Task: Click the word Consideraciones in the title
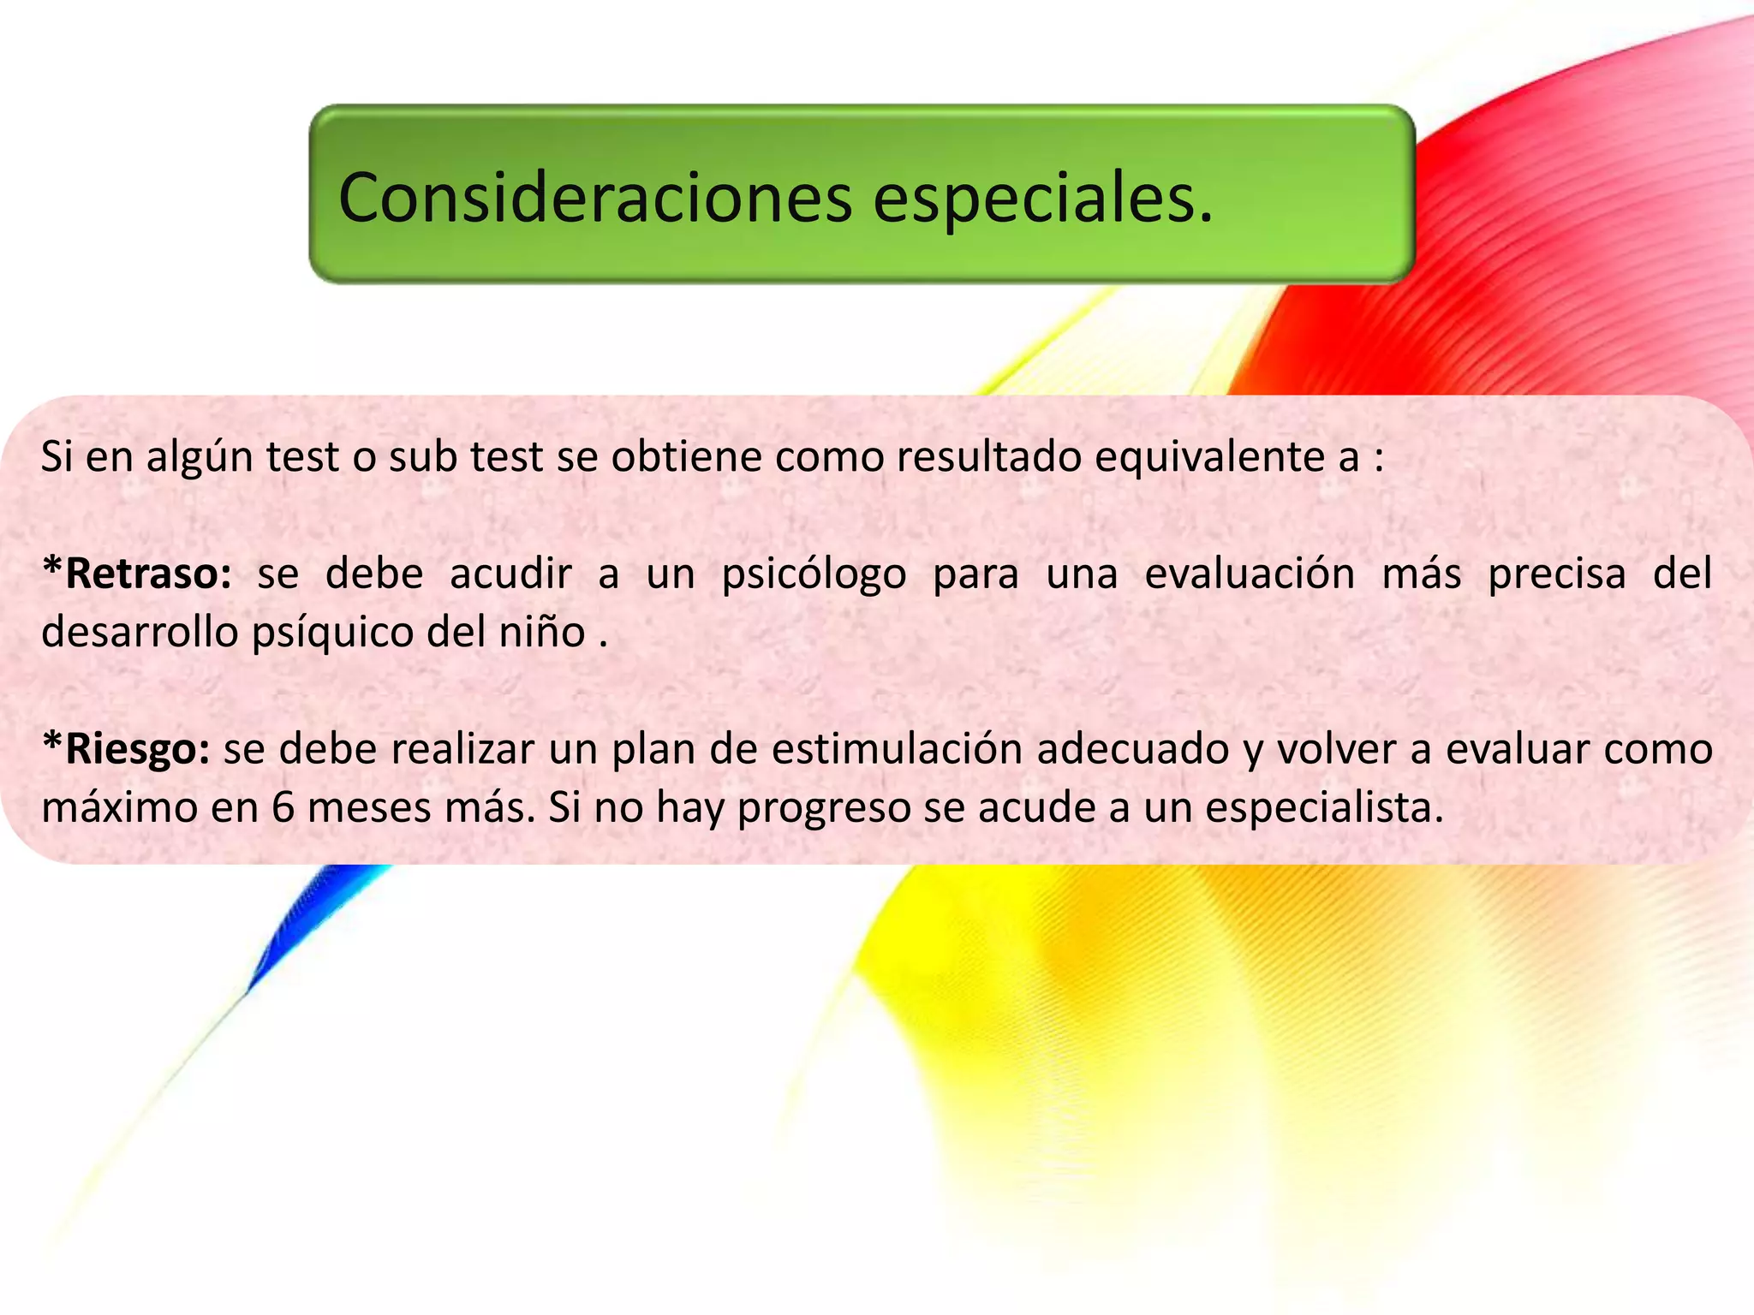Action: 595,199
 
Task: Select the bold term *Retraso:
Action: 137,574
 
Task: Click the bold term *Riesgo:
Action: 126,749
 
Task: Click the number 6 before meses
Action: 283,807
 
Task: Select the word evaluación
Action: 1250,574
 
